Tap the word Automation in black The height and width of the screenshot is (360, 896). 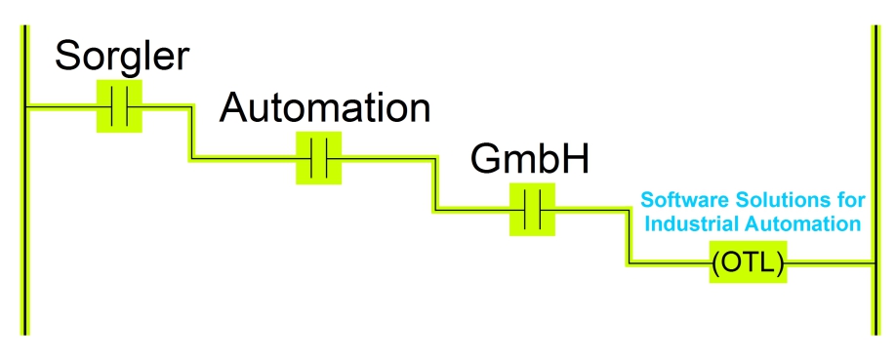(x=324, y=107)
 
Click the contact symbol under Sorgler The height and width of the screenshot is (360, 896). (x=119, y=106)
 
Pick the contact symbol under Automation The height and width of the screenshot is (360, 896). (x=319, y=158)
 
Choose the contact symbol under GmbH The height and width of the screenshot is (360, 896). (x=532, y=209)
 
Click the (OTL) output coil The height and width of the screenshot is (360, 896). (x=749, y=263)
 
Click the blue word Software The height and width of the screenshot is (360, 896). (x=676, y=201)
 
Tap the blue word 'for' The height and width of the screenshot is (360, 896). (x=851, y=201)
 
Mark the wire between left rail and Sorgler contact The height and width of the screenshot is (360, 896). (x=61, y=106)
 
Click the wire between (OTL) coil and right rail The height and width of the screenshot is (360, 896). (x=828, y=263)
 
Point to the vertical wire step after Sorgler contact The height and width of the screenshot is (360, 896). (x=191, y=132)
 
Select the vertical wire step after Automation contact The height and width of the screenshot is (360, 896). (x=434, y=183)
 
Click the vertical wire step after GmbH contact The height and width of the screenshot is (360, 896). (x=628, y=236)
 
